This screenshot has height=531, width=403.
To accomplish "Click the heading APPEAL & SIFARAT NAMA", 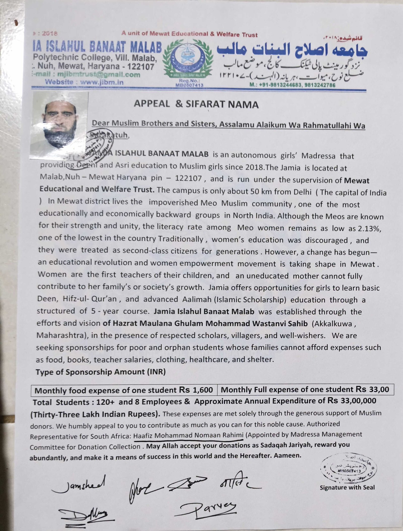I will click(x=196, y=104).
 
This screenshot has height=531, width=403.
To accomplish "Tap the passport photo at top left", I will click(x=59, y=125).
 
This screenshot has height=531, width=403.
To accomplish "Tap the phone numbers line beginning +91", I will click(x=292, y=85).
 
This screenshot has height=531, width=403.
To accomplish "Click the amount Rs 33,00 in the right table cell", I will click(x=372, y=389).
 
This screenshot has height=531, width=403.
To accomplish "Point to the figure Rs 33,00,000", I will click(x=352, y=401).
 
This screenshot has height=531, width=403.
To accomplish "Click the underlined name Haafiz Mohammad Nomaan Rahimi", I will click(x=188, y=435).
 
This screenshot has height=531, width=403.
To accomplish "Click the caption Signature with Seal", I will click(x=347, y=487).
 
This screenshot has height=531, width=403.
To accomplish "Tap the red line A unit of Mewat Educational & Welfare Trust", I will click(x=189, y=34).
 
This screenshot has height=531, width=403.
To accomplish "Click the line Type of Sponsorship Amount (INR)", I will click(x=100, y=372).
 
